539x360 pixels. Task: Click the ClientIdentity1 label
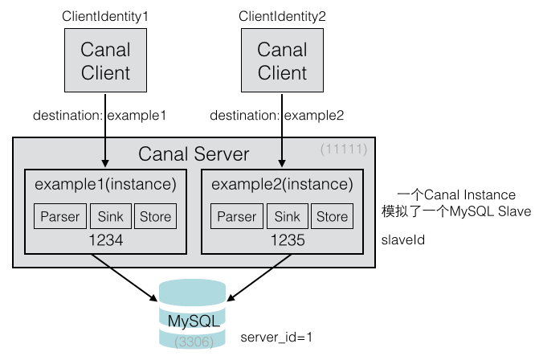point(105,16)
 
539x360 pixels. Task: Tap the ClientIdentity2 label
point(282,16)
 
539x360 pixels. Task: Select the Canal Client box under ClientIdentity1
point(105,62)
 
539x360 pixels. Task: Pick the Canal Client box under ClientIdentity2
point(282,62)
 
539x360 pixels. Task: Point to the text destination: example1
point(99,116)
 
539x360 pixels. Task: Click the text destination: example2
point(276,116)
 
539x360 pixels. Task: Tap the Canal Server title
point(194,154)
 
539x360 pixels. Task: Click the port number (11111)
point(343,149)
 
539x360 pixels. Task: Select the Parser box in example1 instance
point(60,216)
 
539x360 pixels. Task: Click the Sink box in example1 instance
point(110,216)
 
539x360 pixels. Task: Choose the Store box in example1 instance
point(155,216)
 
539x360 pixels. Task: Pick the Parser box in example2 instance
point(236,216)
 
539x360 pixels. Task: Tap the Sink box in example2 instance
point(287,216)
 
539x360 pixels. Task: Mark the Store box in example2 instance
point(332,216)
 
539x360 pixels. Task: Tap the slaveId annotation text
point(402,239)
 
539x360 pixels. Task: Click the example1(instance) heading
point(105,185)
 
